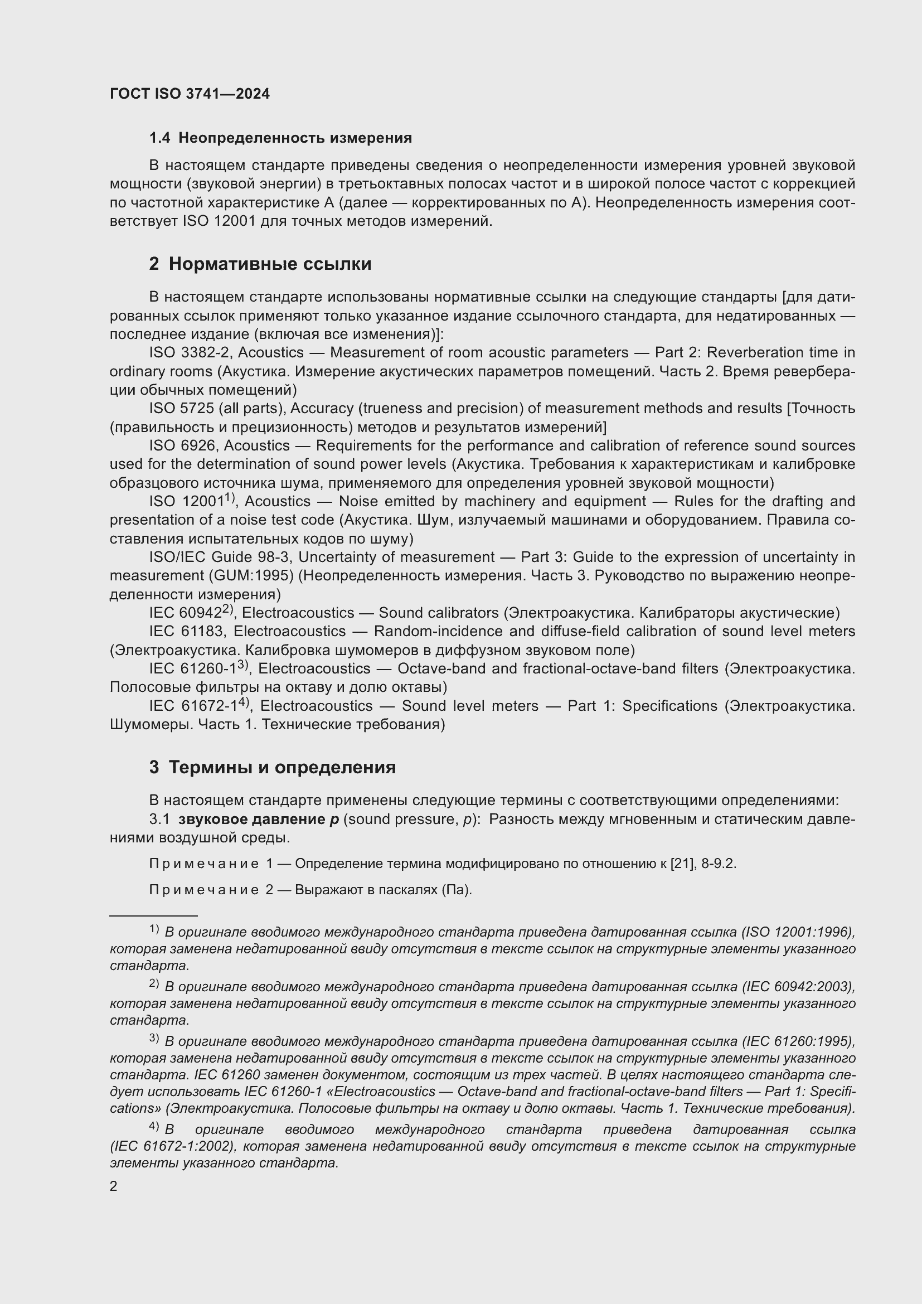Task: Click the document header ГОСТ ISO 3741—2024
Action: click(x=190, y=94)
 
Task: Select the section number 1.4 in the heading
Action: click(x=159, y=138)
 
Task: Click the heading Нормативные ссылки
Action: click(x=270, y=264)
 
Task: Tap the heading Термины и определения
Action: click(x=282, y=767)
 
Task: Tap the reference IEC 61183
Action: click(x=187, y=632)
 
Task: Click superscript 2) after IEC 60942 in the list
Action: click(x=228, y=609)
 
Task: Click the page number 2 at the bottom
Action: click(x=114, y=1186)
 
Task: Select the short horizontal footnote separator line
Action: click(x=153, y=915)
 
